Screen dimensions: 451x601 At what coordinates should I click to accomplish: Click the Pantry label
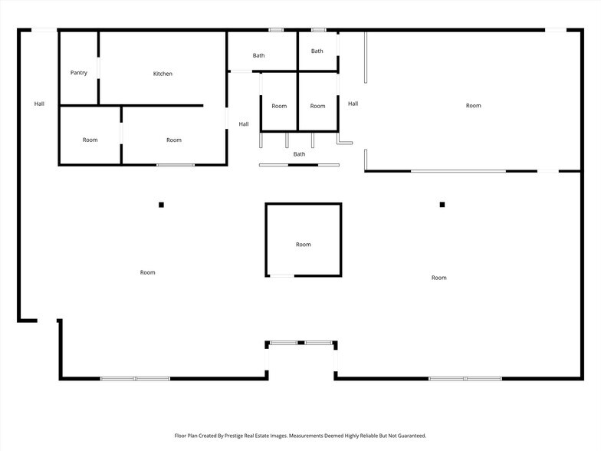coord(78,73)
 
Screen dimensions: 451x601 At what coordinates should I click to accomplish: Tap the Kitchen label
coord(163,74)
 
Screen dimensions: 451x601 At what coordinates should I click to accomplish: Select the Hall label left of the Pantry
coord(39,104)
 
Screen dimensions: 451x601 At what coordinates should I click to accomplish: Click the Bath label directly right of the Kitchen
coord(259,55)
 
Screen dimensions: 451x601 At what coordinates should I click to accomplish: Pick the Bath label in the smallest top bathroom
coord(317,51)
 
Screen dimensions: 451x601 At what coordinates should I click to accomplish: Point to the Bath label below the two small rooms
coord(299,154)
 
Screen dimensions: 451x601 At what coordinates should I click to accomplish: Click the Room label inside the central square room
coord(304,245)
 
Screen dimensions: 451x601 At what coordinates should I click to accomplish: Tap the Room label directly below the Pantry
coord(90,140)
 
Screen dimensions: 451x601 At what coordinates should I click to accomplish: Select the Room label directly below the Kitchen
coord(174,140)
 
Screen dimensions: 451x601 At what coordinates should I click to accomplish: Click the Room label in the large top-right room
coord(474,105)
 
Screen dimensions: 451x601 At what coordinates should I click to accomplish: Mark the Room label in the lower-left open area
coord(147,272)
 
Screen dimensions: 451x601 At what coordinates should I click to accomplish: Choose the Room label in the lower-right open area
coord(438,278)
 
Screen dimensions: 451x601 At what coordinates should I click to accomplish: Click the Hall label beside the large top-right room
coord(353,104)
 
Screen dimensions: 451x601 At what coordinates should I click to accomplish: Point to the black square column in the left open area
coord(161,205)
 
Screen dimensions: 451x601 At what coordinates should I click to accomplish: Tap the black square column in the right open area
coord(442,205)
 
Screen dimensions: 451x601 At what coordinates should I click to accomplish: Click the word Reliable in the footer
coord(354,435)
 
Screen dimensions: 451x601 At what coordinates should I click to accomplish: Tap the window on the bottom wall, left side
coord(135,378)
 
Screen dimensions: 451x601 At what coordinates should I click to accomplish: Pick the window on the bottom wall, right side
coord(465,378)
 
